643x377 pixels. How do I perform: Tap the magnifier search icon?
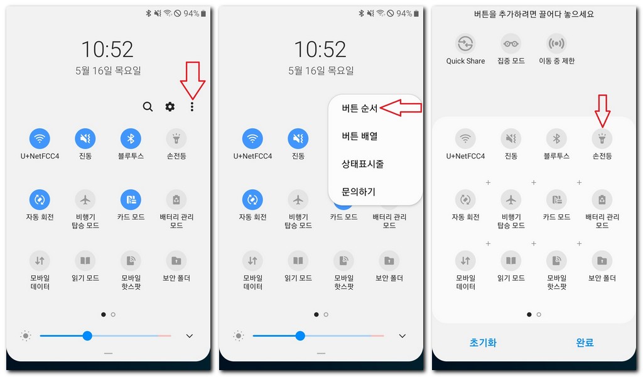pyautogui.click(x=148, y=107)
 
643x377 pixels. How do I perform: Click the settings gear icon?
pyautogui.click(x=170, y=107)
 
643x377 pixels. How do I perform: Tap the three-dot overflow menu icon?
pyautogui.click(x=192, y=107)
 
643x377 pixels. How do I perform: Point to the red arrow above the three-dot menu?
pyautogui.click(x=192, y=80)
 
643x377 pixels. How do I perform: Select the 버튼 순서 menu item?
pyautogui.click(x=360, y=108)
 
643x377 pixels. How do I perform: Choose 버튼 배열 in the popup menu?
pyautogui.click(x=360, y=136)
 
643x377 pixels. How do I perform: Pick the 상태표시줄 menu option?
pyautogui.click(x=363, y=164)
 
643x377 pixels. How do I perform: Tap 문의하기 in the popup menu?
pyautogui.click(x=359, y=192)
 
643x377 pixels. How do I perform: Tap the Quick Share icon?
pyautogui.click(x=465, y=44)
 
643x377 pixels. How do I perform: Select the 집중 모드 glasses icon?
pyautogui.click(x=511, y=44)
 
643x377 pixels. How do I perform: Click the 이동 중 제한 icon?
pyautogui.click(x=556, y=44)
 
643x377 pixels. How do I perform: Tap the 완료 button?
pyautogui.click(x=585, y=342)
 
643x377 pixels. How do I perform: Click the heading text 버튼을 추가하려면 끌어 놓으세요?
pyautogui.click(x=534, y=14)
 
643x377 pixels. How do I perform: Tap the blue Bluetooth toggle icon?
pyautogui.click(x=131, y=138)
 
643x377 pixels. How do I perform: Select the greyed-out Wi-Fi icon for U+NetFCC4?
pyautogui.click(x=465, y=138)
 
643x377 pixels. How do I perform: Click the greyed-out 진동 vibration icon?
pyautogui.click(x=511, y=138)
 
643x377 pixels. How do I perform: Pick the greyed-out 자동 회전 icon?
pyautogui.click(x=465, y=200)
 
